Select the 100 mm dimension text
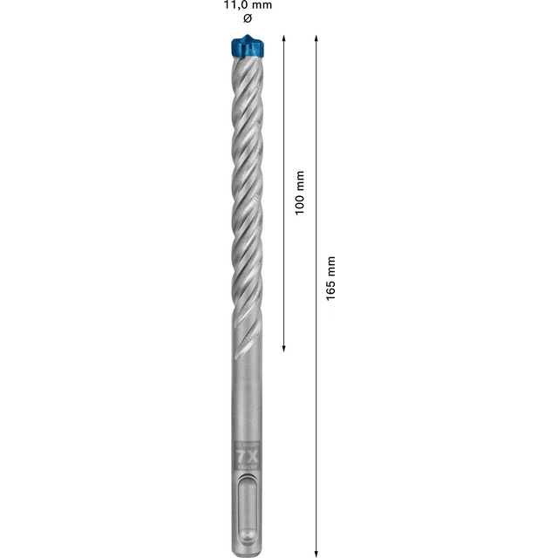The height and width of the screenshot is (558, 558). pyautogui.click(x=299, y=193)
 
